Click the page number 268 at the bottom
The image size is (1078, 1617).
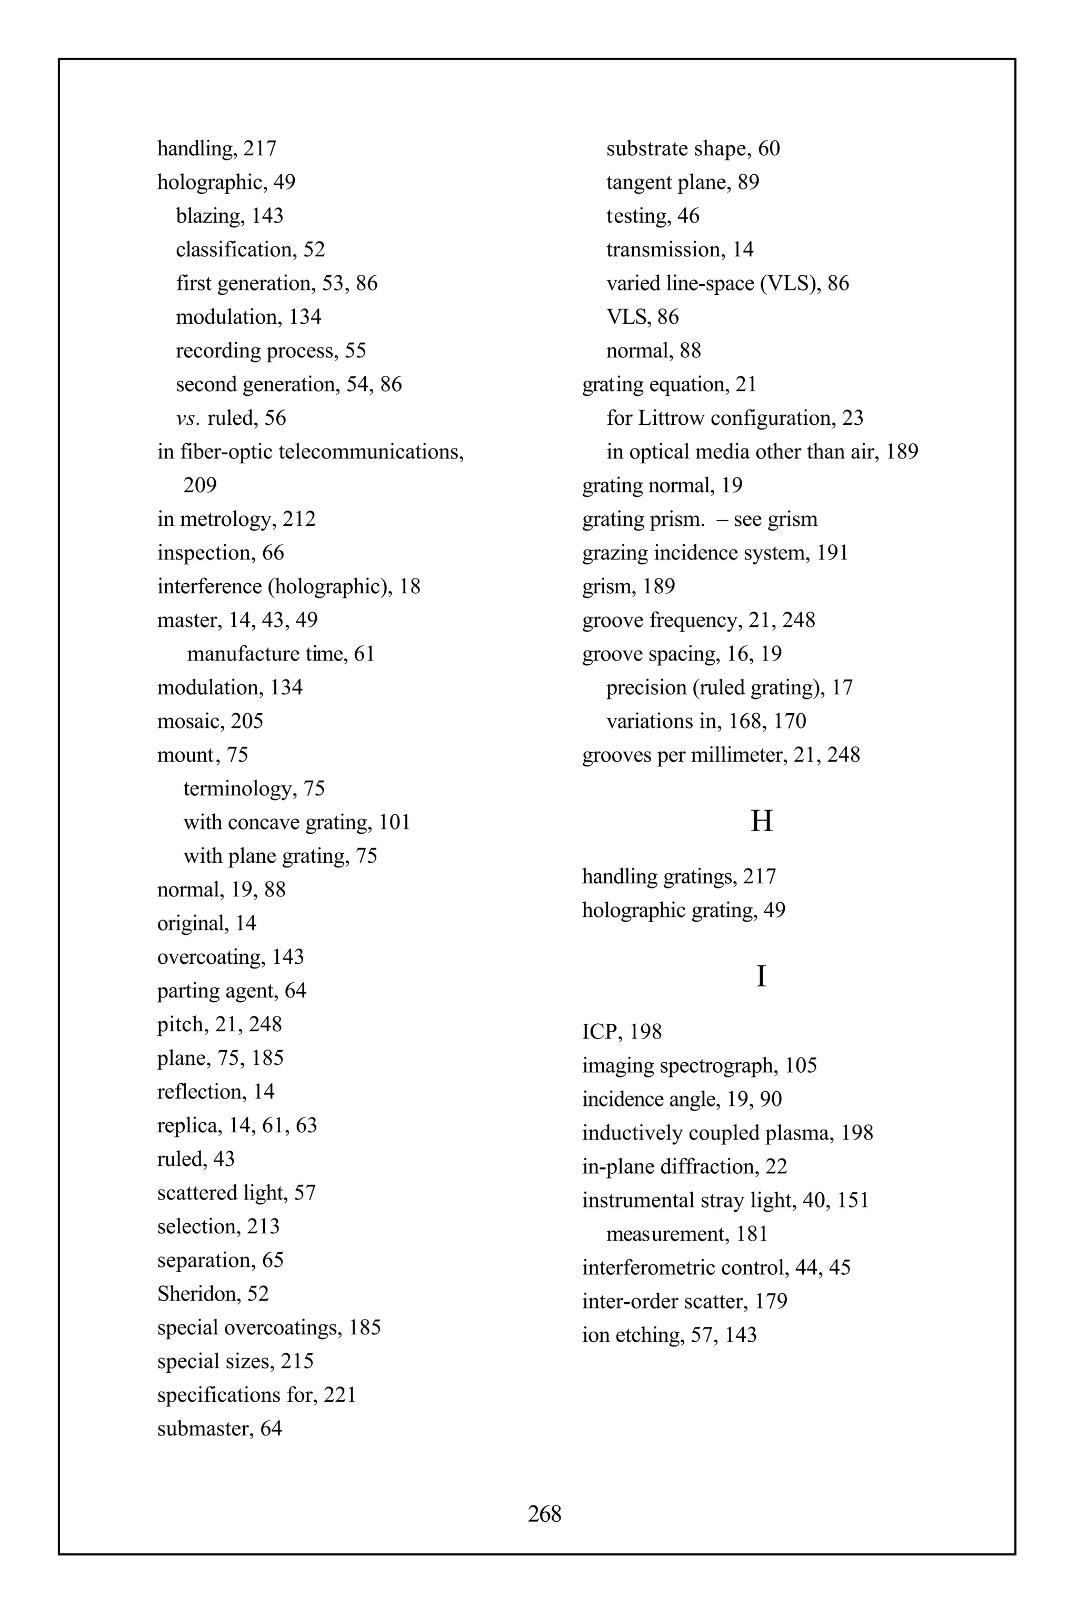(x=544, y=1513)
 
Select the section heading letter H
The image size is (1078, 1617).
(x=761, y=821)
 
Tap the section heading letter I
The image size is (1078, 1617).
(x=761, y=976)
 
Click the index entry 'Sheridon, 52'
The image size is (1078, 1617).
(x=213, y=1293)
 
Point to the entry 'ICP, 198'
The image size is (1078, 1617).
(x=622, y=1031)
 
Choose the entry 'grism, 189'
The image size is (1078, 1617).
(x=628, y=586)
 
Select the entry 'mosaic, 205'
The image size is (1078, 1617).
(x=211, y=721)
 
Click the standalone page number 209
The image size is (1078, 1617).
(x=200, y=485)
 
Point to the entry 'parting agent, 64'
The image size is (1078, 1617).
(x=232, y=991)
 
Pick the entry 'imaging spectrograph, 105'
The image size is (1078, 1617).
(x=699, y=1065)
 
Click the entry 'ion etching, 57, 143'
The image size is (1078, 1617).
(x=669, y=1334)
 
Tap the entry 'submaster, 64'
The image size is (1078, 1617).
(x=219, y=1428)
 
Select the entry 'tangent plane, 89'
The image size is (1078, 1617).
(x=682, y=182)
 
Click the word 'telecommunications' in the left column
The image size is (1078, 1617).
(x=371, y=452)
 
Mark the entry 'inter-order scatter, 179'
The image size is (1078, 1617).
(x=684, y=1301)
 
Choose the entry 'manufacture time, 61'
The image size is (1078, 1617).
(x=281, y=654)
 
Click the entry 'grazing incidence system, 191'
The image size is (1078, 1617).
(x=715, y=553)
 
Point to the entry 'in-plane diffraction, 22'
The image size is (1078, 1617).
(x=685, y=1166)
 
